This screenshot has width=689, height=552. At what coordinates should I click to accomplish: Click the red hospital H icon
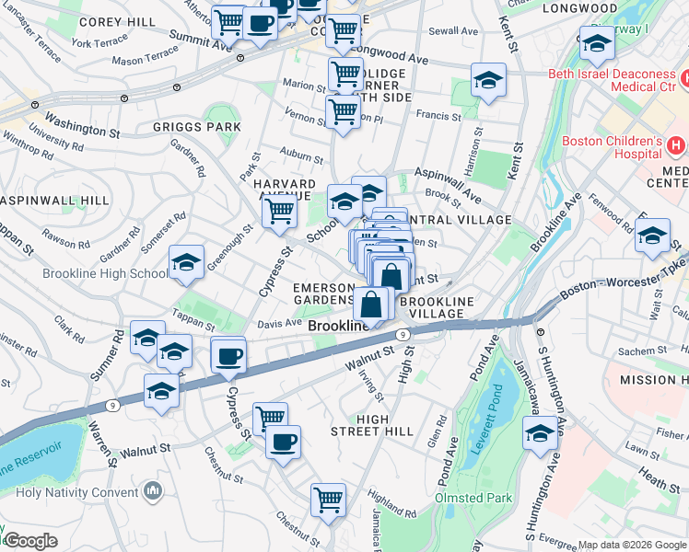[676, 145]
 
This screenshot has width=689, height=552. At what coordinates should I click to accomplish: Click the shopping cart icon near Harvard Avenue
[279, 213]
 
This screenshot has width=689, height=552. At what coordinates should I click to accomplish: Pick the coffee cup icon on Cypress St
[228, 355]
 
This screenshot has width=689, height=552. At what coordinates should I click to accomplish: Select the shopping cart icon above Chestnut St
[328, 500]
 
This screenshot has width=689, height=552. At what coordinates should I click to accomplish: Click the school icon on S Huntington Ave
[540, 436]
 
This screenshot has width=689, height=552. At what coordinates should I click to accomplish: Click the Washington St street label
[82, 126]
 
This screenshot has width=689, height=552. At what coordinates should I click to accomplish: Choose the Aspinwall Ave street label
[448, 184]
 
